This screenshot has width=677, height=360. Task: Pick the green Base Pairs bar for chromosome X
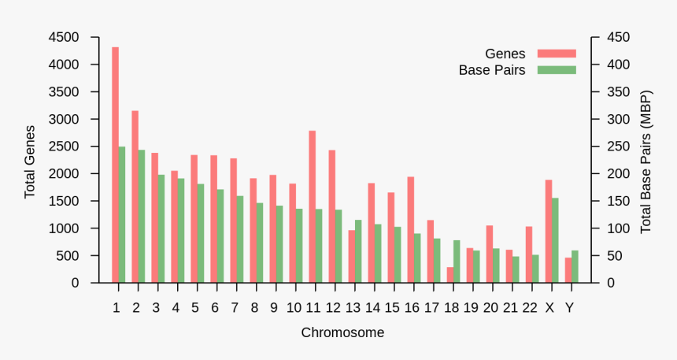556,240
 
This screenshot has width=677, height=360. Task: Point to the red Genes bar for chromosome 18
450,275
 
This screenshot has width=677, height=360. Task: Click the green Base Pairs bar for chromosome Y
575,266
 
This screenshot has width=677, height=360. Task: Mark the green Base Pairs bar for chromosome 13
358,251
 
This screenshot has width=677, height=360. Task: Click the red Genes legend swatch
557,54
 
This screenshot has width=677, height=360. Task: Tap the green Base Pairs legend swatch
557,70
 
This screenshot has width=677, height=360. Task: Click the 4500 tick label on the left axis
63,37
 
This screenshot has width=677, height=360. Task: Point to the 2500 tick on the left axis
63,147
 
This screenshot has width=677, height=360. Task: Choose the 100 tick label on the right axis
612,228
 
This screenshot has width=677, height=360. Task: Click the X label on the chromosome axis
549,307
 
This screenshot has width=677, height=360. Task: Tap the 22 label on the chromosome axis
530,307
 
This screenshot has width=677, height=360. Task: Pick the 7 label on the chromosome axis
234,307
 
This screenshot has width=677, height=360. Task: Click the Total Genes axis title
30,161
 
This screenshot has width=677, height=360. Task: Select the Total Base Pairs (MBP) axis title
646,161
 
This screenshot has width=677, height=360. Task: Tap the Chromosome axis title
342,333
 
